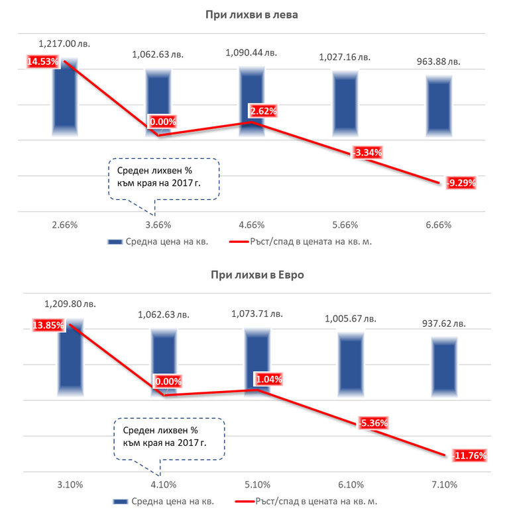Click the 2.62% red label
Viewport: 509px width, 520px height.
tap(262, 110)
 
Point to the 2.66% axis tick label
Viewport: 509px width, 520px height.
tap(64, 225)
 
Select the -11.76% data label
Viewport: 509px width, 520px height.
tap(469, 455)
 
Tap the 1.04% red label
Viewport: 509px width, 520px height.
tap(269, 380)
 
